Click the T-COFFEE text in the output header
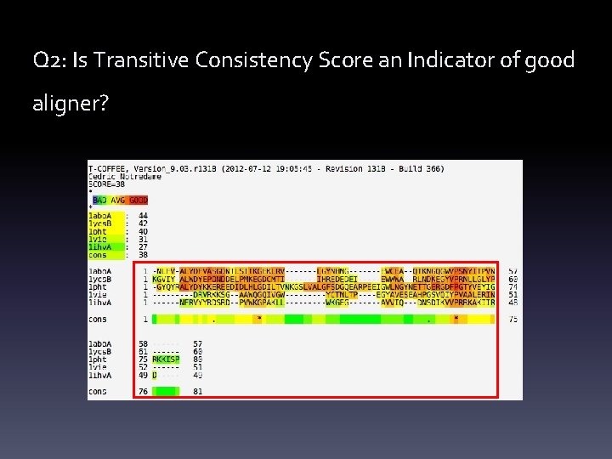[107, 169]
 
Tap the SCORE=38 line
[106, 184]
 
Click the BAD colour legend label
[101, 200]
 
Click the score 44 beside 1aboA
[142, 216]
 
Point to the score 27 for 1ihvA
[142, 246]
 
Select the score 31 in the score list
[142, 239]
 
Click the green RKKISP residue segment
[166, 359]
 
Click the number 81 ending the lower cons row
[198, 391]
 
